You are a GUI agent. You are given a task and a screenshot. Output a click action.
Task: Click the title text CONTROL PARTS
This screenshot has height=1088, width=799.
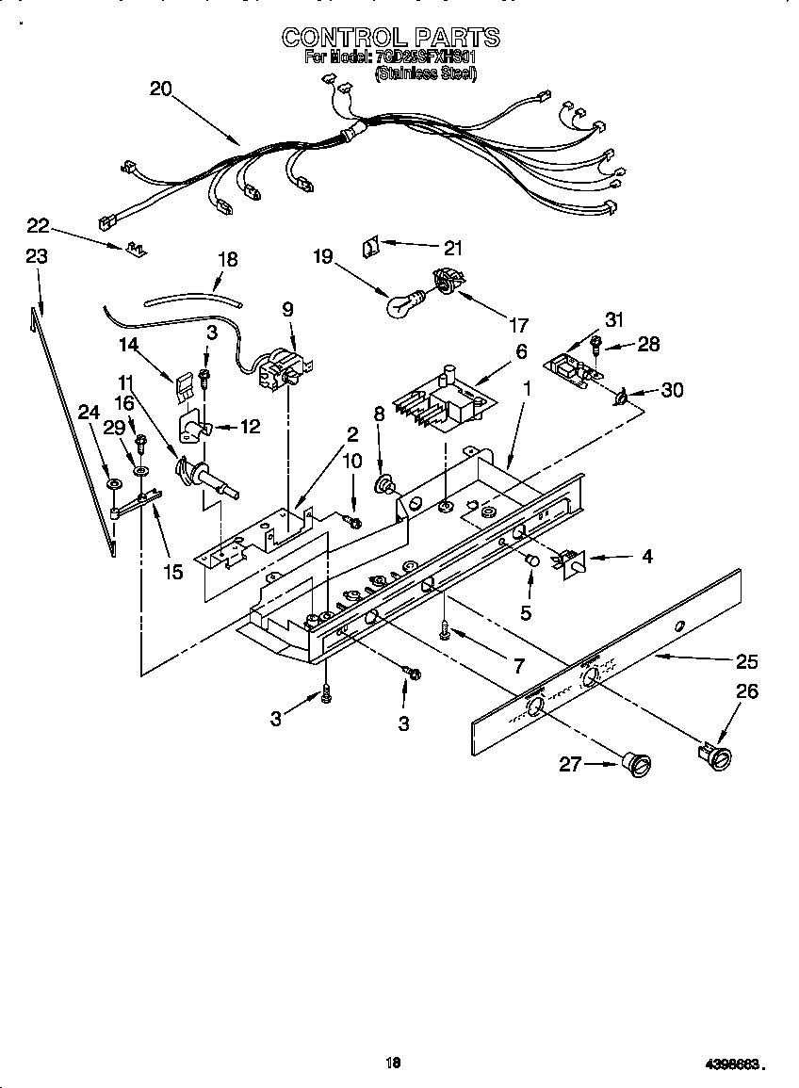(391, 38)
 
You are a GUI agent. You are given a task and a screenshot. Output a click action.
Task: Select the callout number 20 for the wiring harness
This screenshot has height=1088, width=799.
(161, 89)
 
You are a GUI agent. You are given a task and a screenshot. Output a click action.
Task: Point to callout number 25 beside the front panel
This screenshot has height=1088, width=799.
(747, 660)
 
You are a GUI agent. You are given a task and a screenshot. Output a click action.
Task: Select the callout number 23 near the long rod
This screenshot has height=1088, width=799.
(37, 255)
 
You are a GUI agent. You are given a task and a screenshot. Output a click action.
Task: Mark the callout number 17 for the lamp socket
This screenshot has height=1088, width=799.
(517, 327)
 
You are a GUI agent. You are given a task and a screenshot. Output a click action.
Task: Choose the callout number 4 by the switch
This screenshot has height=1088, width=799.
(647, 557)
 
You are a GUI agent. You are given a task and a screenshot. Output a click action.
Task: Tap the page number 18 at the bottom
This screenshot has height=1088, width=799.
(394, 1063)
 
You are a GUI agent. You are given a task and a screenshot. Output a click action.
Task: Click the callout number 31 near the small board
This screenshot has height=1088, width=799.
(614, 320)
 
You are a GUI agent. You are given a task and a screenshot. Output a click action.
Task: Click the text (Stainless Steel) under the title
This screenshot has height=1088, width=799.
(426, 73)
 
